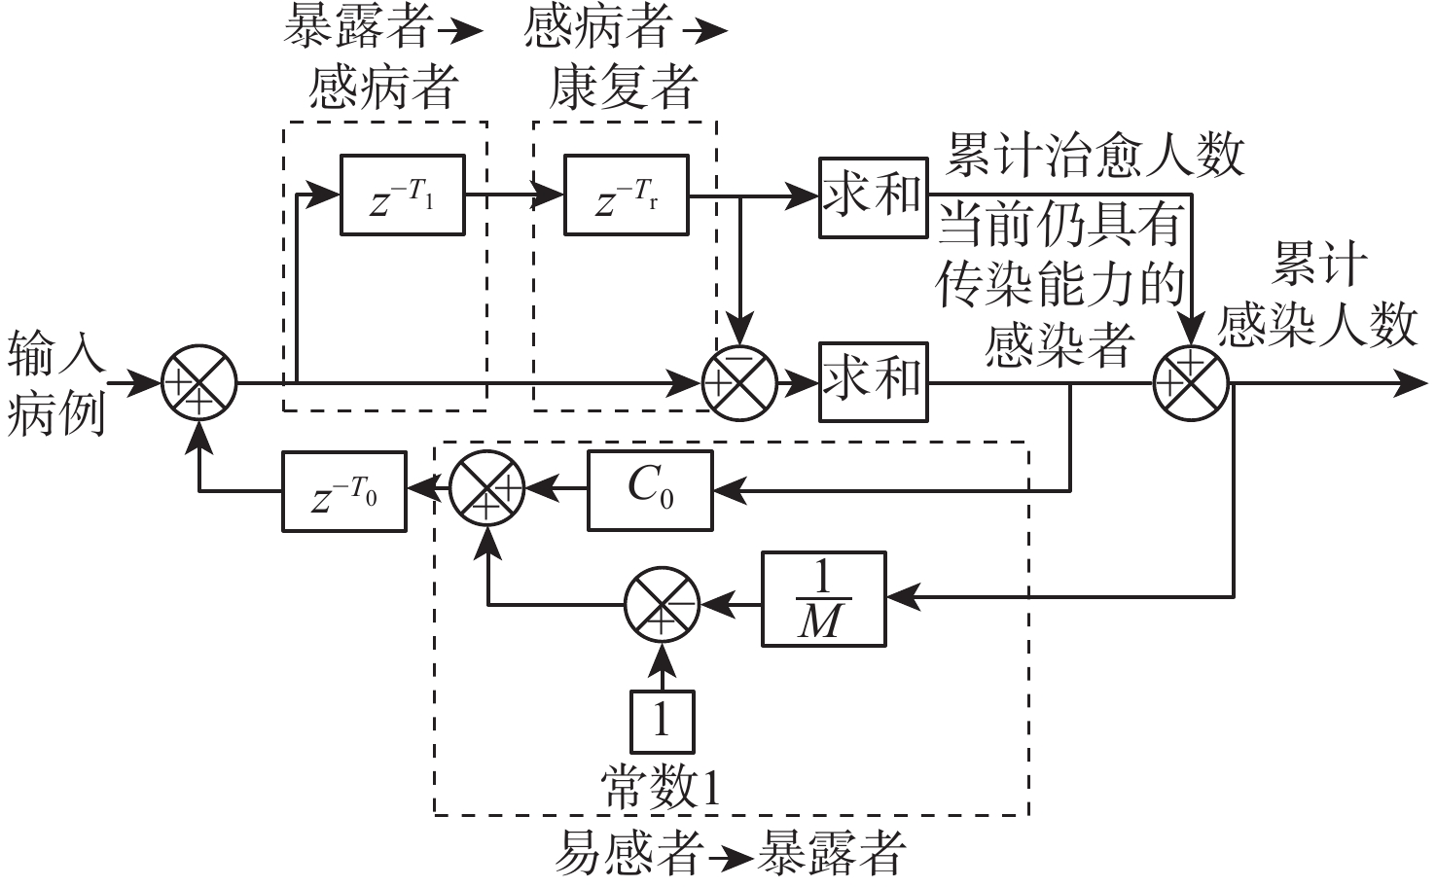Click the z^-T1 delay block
pyautogui.click(x=402, y=195)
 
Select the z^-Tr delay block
pyautogui.click(x=627, y=195)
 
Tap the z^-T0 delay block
pyautogui.click(x=344, y=491)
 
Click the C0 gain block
pyautogui.click(x=649, y=491)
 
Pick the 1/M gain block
pyautogui.click(x=823, y=599)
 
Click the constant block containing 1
pyautogui.click(x=663, y=722)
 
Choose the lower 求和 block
pyautogui.click(x=873, y=381)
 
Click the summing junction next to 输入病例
pyautogui.click(x=198, y=382)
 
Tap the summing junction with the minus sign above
pyautogui.click(x=740, y=382)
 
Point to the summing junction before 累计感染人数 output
pyautogui.click(x=1192, y=382)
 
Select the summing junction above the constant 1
pyautogui.click(x=662, y=604)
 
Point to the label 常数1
pyautogui.click(x=662, y=786)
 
